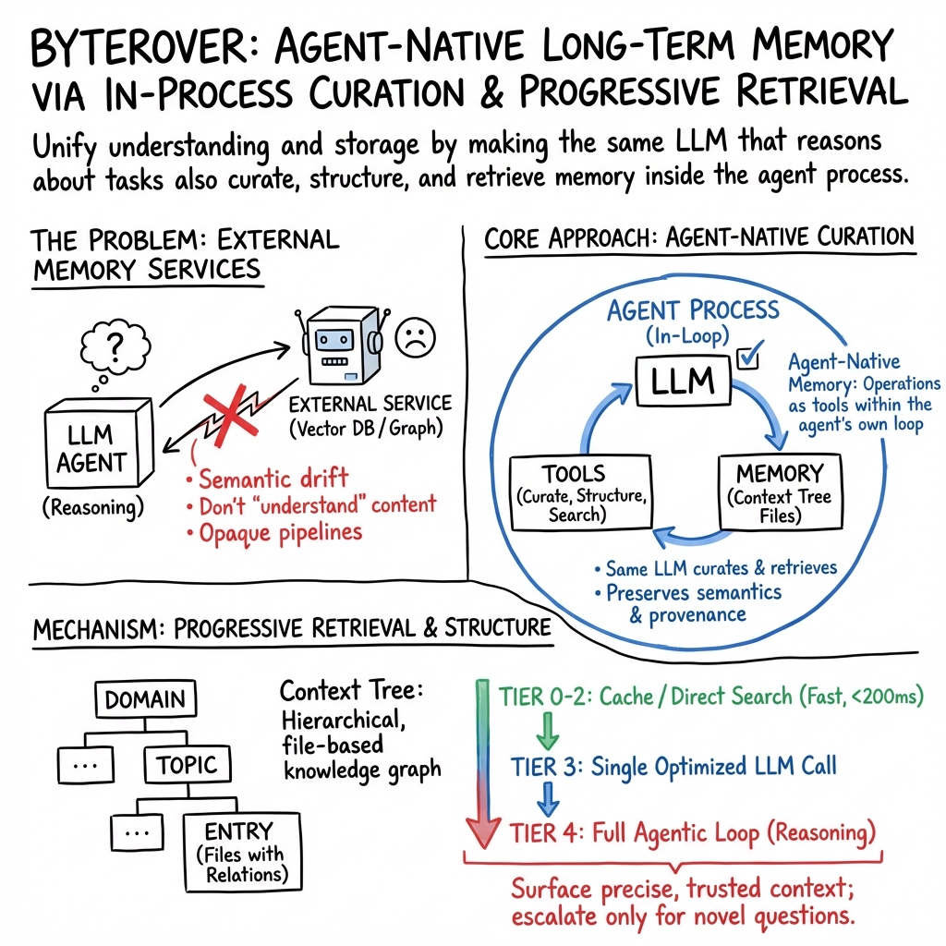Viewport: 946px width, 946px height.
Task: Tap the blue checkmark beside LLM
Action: click(x=746, y=357)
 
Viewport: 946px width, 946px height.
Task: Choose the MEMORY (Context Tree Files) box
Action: click(x=778, y=492)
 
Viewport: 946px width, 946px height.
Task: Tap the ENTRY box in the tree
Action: click(x=242, y=849)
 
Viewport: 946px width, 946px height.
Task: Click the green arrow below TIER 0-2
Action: click(x=547, y=732)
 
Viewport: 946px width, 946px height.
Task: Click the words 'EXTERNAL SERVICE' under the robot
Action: click(x=370, y=404)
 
